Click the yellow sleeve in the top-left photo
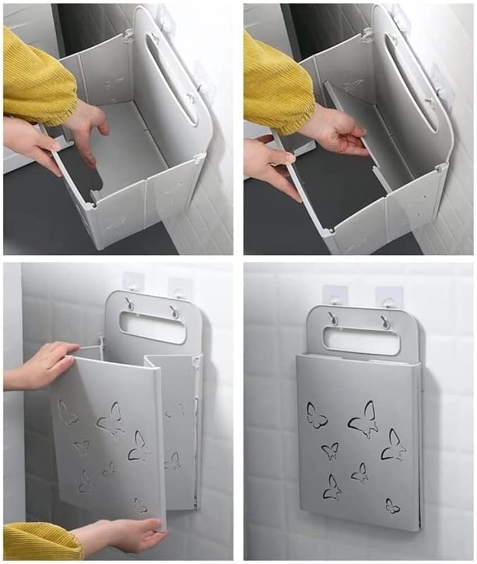pos(37,79)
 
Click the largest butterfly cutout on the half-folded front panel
pos(111,420)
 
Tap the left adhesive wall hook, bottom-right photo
pos(334,296)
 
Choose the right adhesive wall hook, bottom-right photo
pos(388,297)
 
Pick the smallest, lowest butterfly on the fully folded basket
pos(392,506)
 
